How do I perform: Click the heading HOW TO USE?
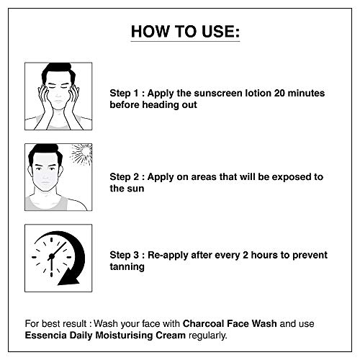coord(185,32)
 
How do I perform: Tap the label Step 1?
coord(125,93)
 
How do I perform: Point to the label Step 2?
coord(125,177)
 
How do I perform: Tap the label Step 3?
coord(125,255)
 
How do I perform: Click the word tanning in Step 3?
coord(127,267)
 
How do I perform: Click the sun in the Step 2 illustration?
coord(82,154)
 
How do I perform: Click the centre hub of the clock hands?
coord(51,256)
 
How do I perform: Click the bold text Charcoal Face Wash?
coord(230,323)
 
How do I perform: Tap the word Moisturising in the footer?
coord(124,336)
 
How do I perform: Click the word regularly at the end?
coord(208,336)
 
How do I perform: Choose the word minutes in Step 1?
coord(306,93)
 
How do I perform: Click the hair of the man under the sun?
coord(45,153)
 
